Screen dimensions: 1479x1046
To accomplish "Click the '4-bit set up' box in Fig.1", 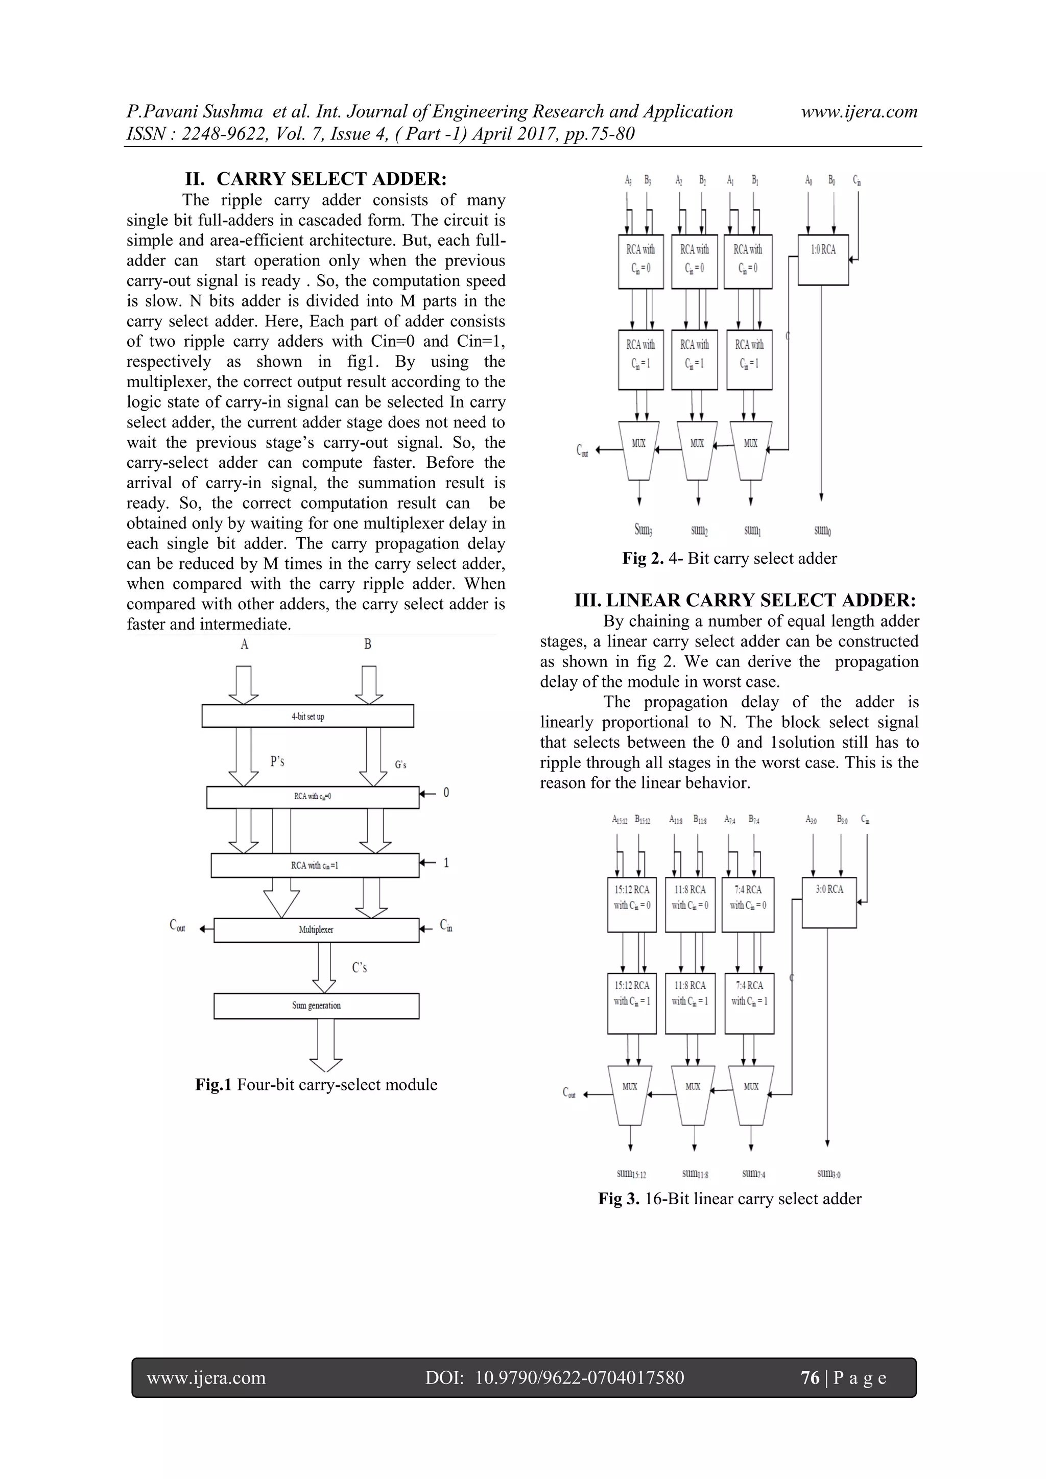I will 307,717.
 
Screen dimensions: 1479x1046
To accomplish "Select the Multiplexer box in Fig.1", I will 316,929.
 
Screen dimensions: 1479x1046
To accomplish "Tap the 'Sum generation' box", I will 316,1006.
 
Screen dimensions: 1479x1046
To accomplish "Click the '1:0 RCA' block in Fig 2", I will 823,259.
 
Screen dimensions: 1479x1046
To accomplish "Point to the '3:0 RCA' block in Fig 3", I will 829,902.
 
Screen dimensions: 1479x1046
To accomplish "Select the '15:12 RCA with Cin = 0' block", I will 632,904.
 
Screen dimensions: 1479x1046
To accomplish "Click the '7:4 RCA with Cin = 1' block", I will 749,1003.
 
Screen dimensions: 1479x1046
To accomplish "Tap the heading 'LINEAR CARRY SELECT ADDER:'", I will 760,601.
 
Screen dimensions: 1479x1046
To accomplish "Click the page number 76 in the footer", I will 810,1378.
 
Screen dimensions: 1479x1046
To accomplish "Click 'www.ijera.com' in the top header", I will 859,111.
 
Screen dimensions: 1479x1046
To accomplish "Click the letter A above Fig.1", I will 244,643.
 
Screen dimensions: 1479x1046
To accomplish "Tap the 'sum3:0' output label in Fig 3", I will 828,1174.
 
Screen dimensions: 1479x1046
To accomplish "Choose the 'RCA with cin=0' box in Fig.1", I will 313,797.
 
